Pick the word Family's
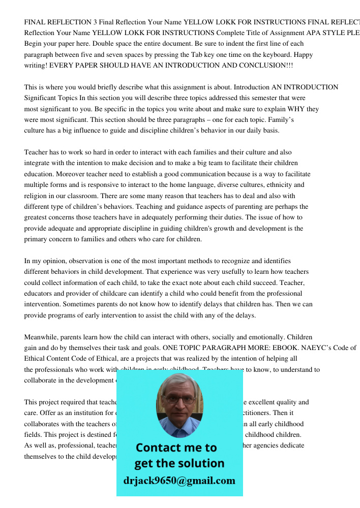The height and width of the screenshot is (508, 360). [281, 120]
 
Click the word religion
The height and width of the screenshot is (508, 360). [37, 196]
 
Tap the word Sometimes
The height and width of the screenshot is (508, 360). [81, 304]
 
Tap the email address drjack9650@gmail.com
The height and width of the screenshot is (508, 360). [179, 481]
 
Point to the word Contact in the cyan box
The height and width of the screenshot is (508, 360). [161, 448]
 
